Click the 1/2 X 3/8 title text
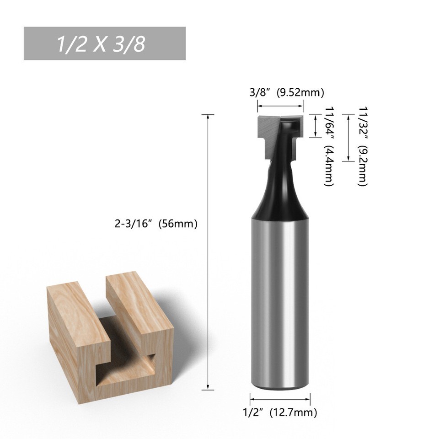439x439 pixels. coord(101,44)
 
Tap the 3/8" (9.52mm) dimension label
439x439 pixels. coord(287,93)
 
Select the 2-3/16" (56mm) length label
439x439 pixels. coord(156,225)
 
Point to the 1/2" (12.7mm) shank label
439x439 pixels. coord(280,413)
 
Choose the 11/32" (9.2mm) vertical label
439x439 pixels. coord(363,146)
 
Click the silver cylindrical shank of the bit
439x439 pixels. coord(280,297)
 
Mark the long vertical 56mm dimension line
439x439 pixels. coord(209,252)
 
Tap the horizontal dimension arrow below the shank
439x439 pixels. coord(280,398)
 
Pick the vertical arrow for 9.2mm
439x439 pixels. coord(349,137)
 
